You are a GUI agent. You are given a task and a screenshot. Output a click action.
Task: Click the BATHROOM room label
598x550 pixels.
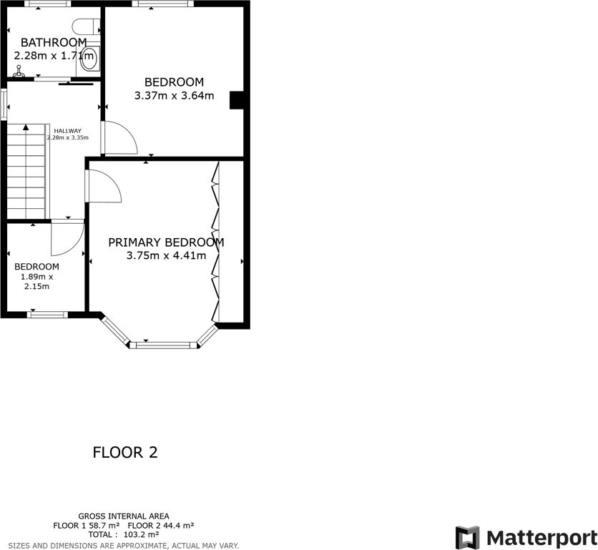(x=54, y=42)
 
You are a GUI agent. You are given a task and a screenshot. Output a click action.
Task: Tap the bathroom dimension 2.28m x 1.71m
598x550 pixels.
(x=54, y=55)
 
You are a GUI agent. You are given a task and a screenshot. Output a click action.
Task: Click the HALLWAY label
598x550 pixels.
(x=67, y=130)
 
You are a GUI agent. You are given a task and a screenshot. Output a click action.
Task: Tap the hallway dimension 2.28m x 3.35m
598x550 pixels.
(x=67, y=137)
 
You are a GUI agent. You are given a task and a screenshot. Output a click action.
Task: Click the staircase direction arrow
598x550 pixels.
(x=26, y=129)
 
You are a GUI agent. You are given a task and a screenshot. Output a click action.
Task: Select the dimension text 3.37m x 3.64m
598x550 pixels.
(x=174, y=95)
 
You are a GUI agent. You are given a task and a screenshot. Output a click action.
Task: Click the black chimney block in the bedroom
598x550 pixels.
(x=236, y=100)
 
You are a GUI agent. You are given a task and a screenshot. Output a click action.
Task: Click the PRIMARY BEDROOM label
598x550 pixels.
(x=166, y=242)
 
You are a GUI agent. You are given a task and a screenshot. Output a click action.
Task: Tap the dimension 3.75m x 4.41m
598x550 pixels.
(x=166, y=255)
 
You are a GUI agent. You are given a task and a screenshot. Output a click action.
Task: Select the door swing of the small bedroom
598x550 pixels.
(x=67, y=238)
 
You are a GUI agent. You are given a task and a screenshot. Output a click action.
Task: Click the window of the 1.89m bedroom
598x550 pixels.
(x=48, y=313)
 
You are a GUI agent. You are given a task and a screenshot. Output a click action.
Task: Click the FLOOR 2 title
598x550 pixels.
(x=125, y=452)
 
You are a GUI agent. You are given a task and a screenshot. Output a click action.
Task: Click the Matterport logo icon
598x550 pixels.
(x=468, y=537)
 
